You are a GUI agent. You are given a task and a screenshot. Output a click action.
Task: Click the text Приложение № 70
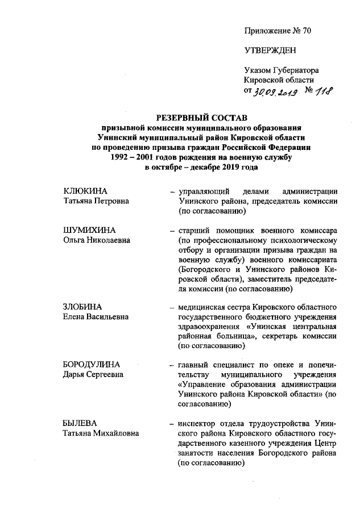tap(278, 31)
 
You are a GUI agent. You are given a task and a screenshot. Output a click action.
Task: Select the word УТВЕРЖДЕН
tap(270, 51)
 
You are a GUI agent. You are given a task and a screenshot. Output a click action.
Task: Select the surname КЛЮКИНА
tap(85, 190)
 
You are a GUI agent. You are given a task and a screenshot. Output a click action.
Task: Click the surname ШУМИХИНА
tap(89, 230)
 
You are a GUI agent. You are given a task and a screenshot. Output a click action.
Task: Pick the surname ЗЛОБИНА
tap(85, 307)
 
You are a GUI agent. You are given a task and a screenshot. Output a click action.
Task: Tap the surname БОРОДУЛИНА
tap(94, 364)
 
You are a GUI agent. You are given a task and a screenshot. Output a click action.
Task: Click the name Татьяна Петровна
tap(96, 200)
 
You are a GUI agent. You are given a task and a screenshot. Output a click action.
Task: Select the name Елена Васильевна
tap(96, 317)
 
